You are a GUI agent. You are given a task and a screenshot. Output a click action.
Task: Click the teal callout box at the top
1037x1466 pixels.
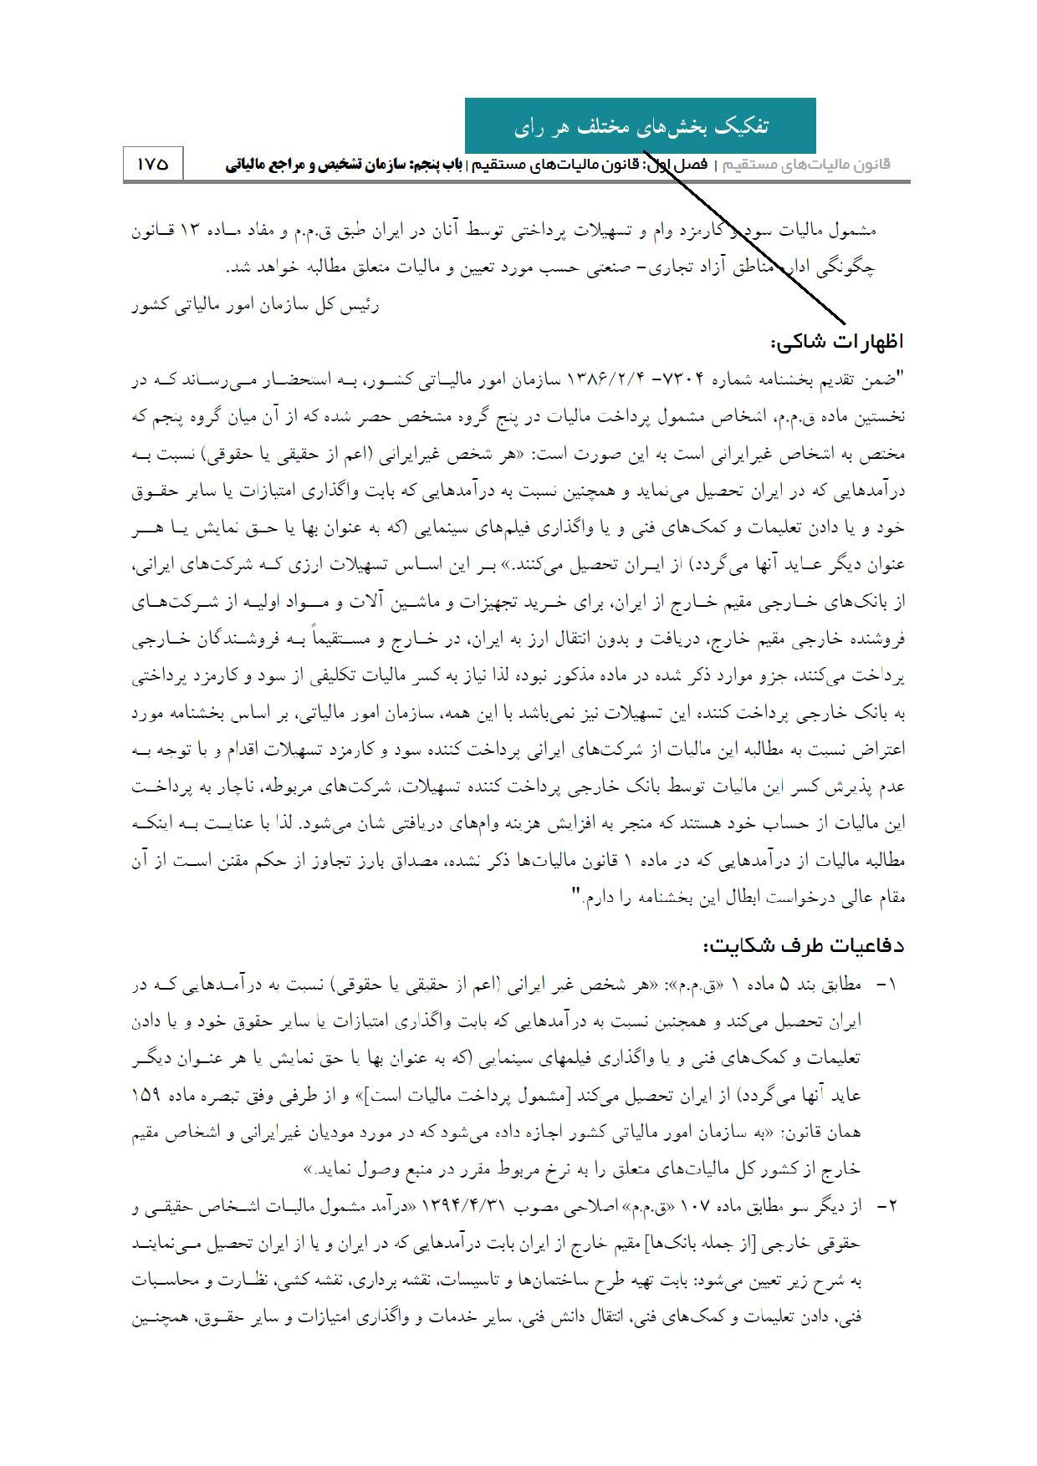tap(640, 126)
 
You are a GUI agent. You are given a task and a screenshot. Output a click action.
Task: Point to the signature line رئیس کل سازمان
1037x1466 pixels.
tap(254, 306)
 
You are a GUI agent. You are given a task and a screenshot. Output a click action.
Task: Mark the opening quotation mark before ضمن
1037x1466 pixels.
tap(900, 378)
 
